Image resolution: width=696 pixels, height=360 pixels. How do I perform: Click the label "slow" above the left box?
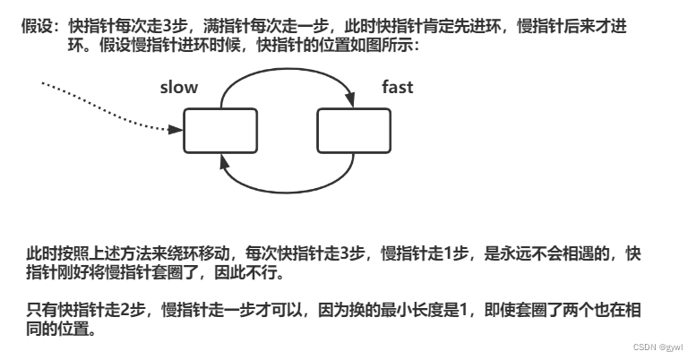coord(178,87)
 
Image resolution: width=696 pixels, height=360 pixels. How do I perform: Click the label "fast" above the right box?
coord(398,87)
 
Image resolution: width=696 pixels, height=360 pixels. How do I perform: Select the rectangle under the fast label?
coord(354,131)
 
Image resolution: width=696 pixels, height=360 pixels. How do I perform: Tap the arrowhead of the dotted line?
coord(176,130)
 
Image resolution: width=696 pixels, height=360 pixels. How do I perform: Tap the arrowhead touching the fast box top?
coord(352,105)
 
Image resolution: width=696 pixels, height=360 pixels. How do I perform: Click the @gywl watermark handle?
coord(671,347)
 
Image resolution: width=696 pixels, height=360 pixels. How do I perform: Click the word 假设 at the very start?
coord(34,27)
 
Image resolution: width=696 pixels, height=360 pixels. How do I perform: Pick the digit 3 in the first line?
coord(167,27)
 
